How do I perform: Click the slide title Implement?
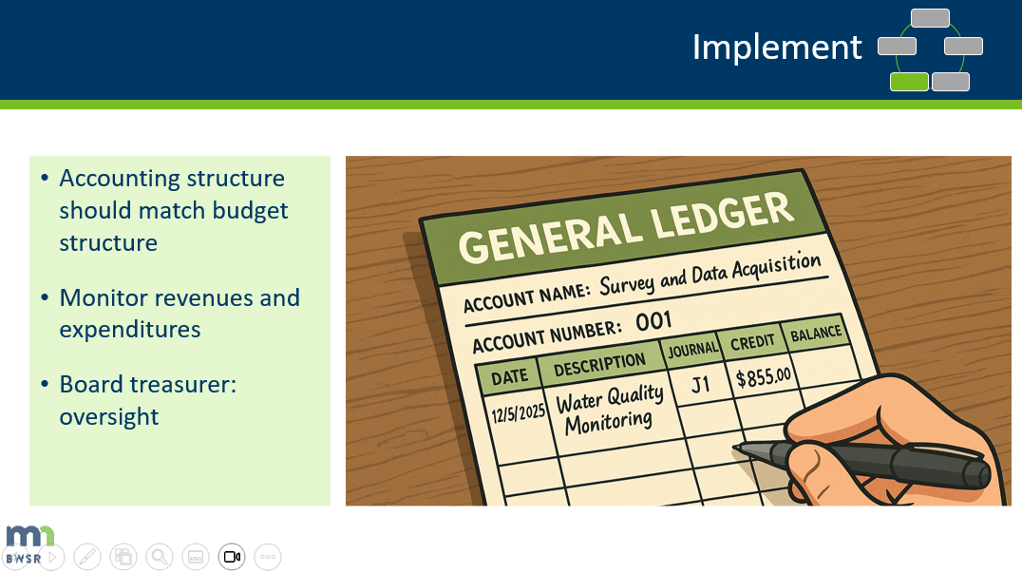click(776, 47)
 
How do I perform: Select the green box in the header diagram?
click(909, 82)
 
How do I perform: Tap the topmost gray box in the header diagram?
click(930, 18)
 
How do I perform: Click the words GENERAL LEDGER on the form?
click(626, 226)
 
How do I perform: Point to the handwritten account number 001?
click(653, 323)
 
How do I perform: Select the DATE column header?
click(509, 376)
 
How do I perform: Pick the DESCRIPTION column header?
click(598, 365)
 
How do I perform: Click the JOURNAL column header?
click(692, 350)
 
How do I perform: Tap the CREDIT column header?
click(753, 341)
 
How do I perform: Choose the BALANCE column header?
click(816, 333)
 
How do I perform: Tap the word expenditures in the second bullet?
click(130, 330)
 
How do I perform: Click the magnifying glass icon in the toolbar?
click(159, 557)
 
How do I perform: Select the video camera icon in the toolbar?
click(232, 557)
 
